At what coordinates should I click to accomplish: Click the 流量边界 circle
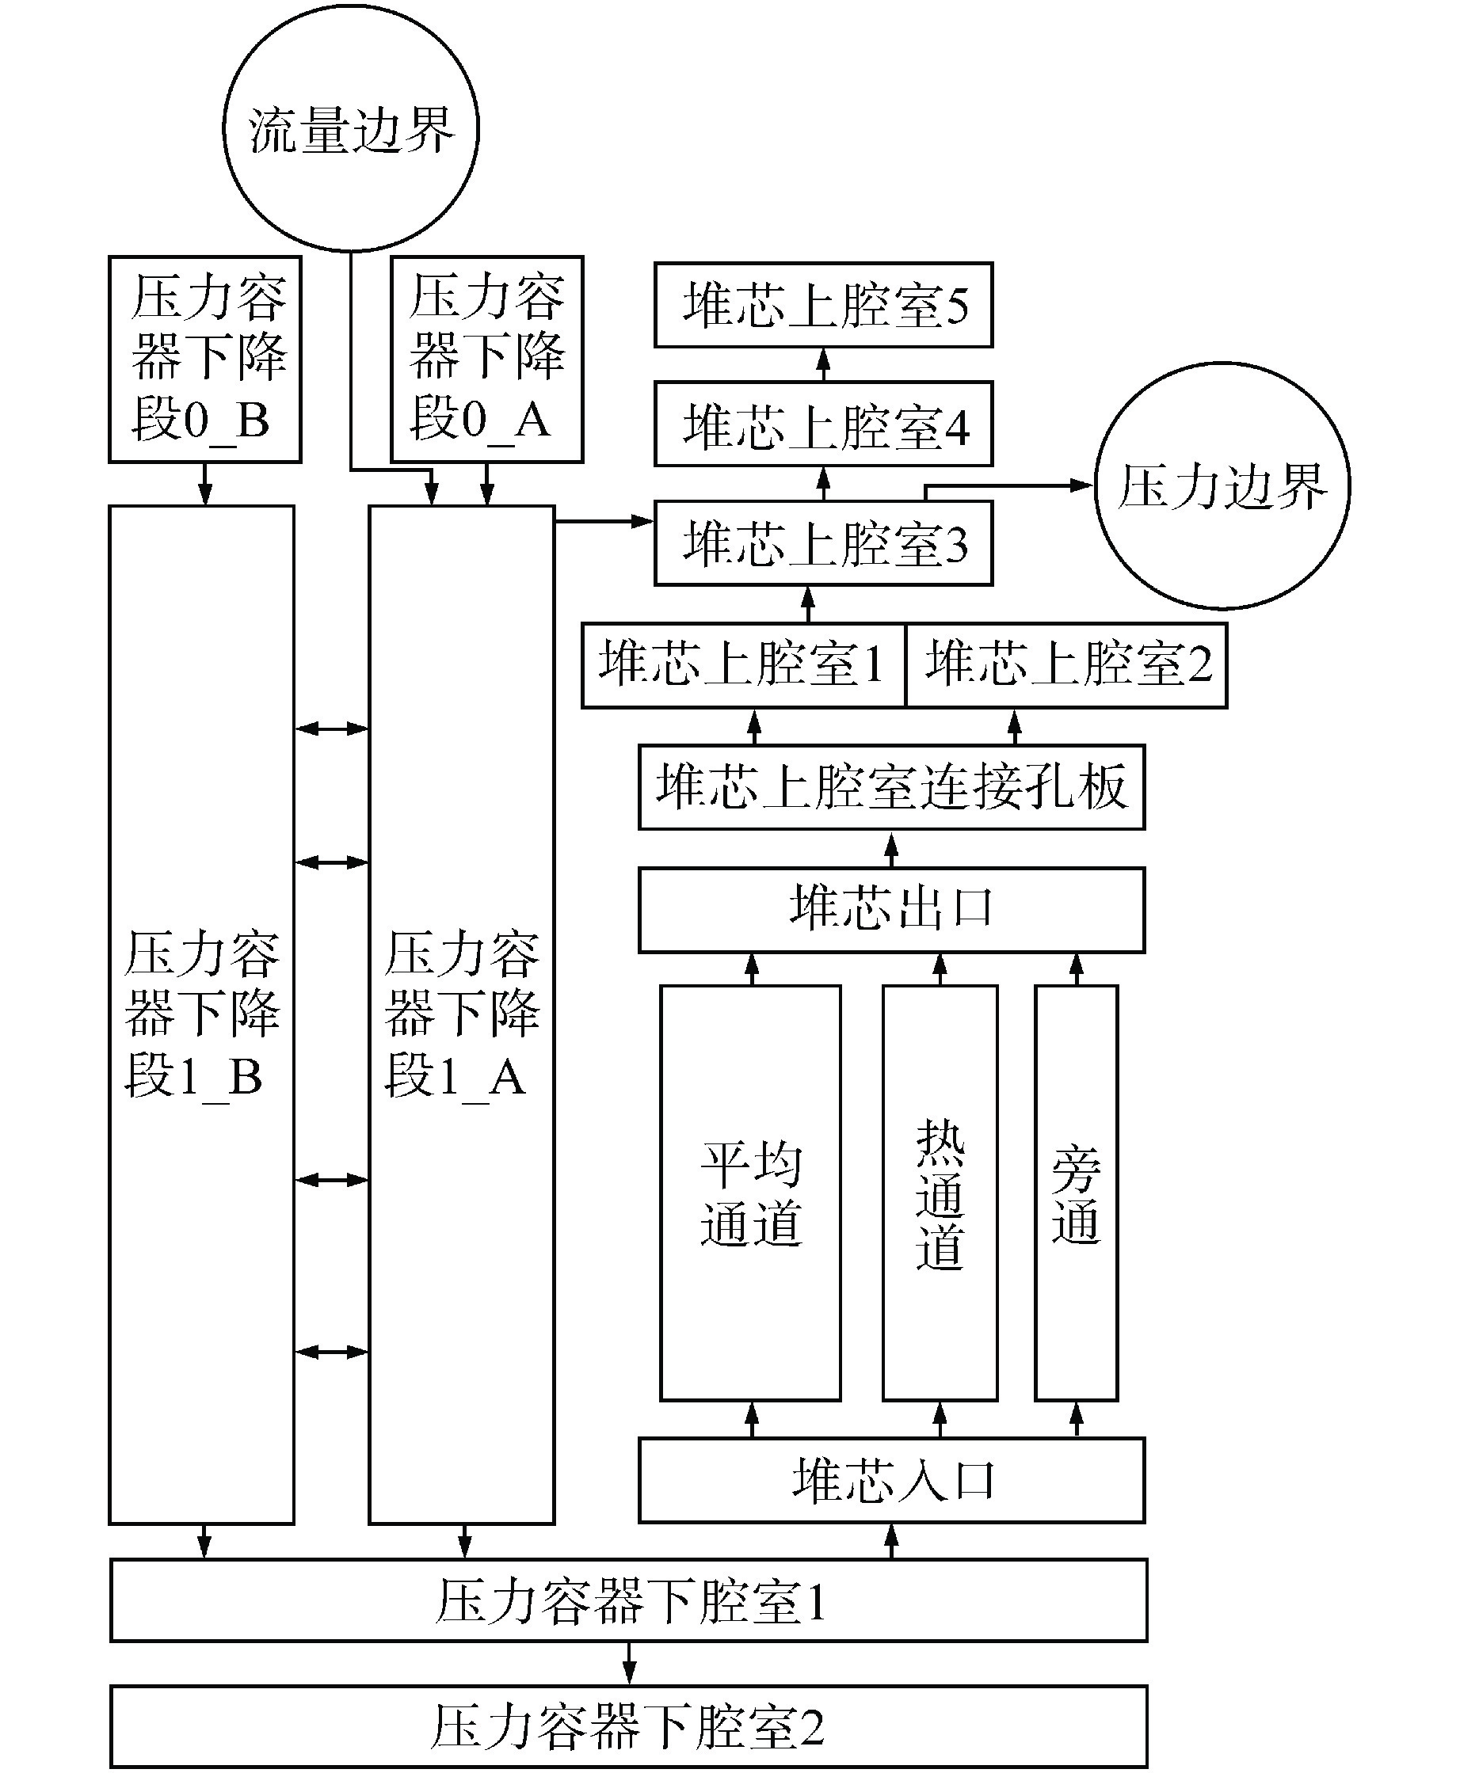click(x=351, y=128)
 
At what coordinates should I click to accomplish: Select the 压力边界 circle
click(x=1222, y=486)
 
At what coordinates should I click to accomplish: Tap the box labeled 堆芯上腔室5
click(x=823, y=304)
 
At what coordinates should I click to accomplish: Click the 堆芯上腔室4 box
click(x=823, y=424)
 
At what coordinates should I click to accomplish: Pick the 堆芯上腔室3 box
click(x=823, y=543)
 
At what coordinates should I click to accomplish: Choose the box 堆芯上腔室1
click(x=742, y=665)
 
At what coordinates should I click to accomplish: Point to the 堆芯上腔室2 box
click(x=1066, y=665)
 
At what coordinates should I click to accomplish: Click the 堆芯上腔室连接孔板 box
click(x=891, y=787)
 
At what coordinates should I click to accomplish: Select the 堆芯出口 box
click(x=891, y=909)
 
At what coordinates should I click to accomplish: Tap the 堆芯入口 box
click(x=891, y=1481)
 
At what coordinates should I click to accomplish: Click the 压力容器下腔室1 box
click(x=629, y=1600)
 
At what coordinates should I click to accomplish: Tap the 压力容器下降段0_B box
click(x=204, y=359)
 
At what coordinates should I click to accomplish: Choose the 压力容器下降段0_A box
click(x=486, y=359)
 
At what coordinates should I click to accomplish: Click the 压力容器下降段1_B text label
click(x=202, y=1014)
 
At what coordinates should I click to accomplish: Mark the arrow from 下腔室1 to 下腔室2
click(x=629, y=1663)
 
